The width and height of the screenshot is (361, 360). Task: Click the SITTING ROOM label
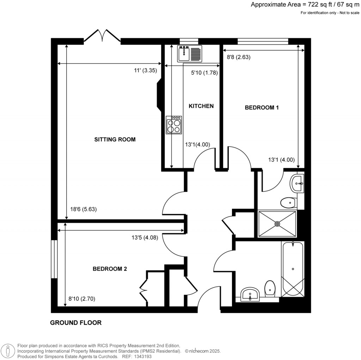(x=115, y=139)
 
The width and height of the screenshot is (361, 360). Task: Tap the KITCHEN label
(x=201, y=106)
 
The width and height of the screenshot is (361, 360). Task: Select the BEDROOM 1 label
(x=262, y=108)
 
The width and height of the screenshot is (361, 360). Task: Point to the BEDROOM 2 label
(x=110, y=269)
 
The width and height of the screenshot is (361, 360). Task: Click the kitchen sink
(x=189, y=54)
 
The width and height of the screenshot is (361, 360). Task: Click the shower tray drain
(x=277, y=224)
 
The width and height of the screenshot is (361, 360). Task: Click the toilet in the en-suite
(x=288, y=203)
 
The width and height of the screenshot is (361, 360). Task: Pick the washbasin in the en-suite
(x=297, y=183)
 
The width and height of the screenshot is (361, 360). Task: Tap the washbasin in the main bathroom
(x=250, y=294)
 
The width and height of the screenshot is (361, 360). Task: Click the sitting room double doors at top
(x=102, y=36)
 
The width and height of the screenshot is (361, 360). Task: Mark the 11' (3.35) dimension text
(x=145, y=70)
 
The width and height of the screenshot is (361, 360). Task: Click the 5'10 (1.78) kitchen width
(x=204, y=73)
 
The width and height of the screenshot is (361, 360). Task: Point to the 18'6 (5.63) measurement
(x=82, y=209)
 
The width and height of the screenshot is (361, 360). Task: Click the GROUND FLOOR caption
(x=76, y=323)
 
